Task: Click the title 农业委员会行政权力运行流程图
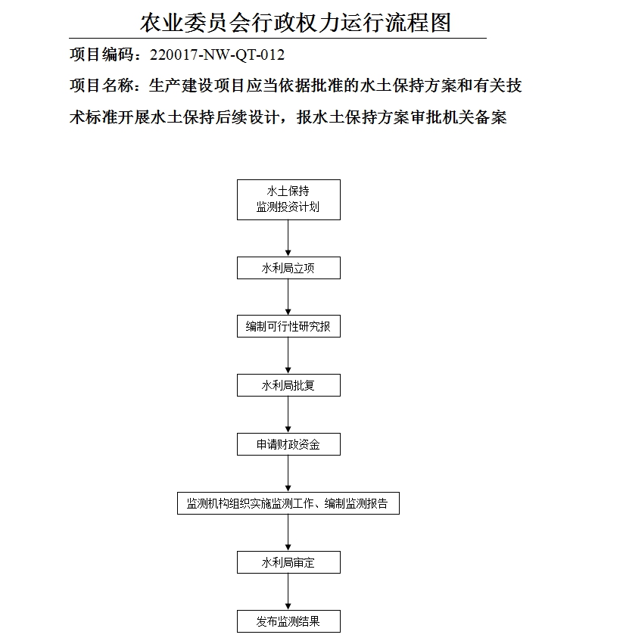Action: point(295,22)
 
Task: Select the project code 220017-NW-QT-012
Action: point(217,55)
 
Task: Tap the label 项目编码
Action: point(101,55)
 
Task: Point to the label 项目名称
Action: point(101,86)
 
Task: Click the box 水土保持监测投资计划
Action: point(288,199)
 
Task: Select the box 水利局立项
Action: point(288,268)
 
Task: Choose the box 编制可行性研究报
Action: point(288,327)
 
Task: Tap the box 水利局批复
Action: point(288,385)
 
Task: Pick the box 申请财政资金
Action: point(288,444)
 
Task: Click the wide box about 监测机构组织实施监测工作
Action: point(288,503)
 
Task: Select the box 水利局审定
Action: point(288,562)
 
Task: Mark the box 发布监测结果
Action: point(288,621)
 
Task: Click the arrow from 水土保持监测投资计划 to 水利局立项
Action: point(288,238)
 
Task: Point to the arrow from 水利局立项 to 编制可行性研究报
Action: point(288,297)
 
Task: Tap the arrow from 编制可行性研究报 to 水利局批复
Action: point(288,356)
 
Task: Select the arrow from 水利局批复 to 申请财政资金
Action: point(288,415)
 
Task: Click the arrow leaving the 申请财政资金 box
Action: point(288,474)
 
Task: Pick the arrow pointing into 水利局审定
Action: point(288,533)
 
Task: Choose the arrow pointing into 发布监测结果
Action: point(288,592)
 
